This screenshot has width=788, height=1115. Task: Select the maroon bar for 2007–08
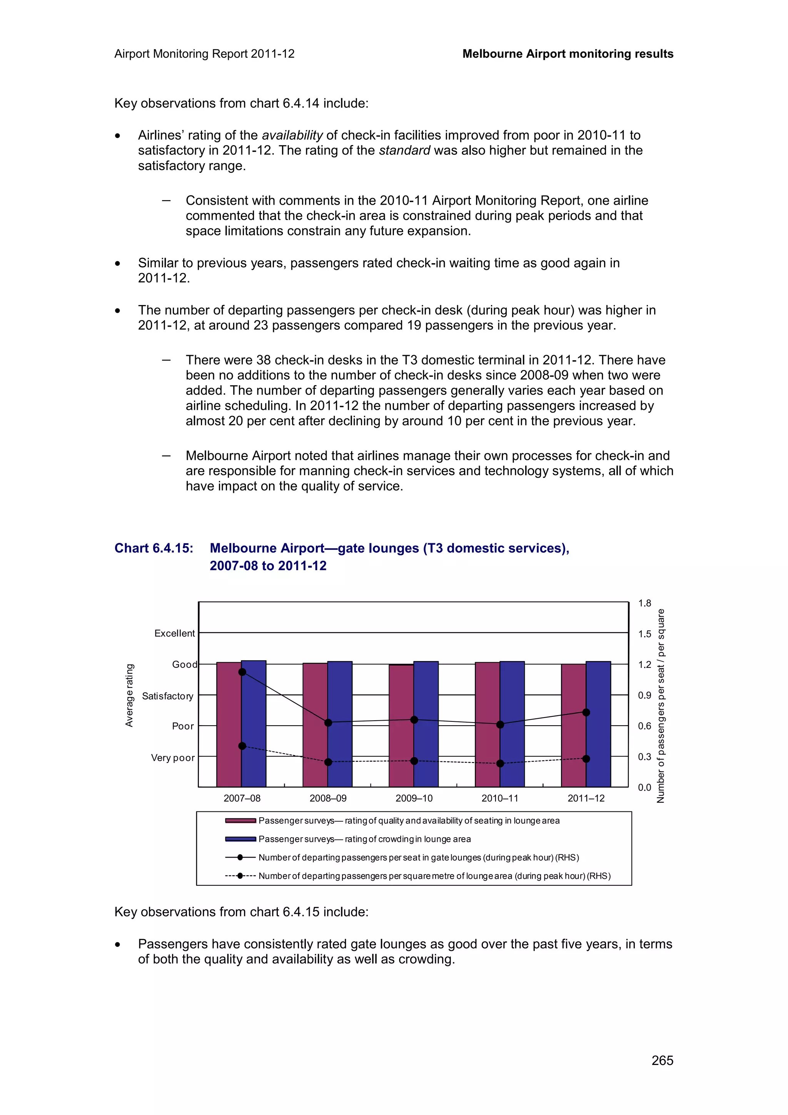(x=229, y=728)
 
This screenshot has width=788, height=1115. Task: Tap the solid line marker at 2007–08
(x=242, y=672)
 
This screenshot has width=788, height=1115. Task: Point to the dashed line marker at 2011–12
(x=586, y=759)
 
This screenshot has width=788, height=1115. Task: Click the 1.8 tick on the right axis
(x=644, y=603)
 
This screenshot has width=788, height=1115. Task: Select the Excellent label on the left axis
(x=174, y=633)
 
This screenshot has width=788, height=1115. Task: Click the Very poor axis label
(x=172, y=758)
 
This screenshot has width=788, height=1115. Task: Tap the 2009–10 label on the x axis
(x=414, y=798)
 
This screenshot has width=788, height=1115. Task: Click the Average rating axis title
(x=129, y=695)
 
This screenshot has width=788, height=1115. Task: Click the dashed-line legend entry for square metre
(x=434, y=876)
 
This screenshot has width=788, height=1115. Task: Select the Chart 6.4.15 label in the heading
(x=154, y=548)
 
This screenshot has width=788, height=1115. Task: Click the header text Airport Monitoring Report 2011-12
(x=204, y=54)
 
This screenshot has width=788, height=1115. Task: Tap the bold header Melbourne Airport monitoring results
(x=568, y=54)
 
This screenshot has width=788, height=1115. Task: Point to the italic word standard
(x=404, y=150)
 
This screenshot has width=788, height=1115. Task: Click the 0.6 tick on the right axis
(x=644, y=726)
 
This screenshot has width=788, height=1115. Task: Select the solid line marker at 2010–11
(x=500, y=724)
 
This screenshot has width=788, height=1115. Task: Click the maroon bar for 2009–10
(x=401, y=728)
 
